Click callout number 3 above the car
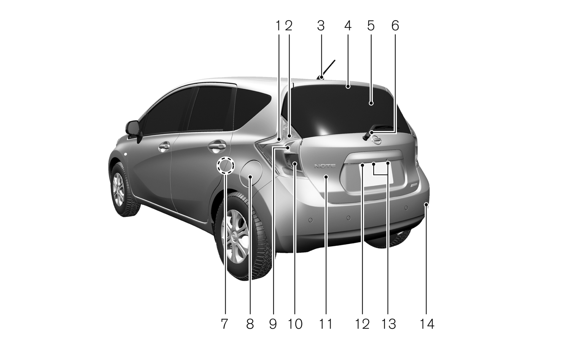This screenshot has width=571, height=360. [321, 26]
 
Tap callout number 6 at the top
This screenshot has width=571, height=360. [395, 26]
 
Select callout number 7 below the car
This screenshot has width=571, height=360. [224, 324]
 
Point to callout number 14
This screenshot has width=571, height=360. [427, 324]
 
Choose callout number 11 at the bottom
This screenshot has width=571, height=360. [326, 324]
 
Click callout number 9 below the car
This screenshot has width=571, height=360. [273, 324]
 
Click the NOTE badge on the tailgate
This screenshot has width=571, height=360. [325, 166]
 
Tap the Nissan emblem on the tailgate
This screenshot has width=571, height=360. [376, 140]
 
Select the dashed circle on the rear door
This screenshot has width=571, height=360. [225, 165]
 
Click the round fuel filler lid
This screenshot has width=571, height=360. [251, 173]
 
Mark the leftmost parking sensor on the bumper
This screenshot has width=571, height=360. [310, 220]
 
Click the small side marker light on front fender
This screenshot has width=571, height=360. [126, 155]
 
